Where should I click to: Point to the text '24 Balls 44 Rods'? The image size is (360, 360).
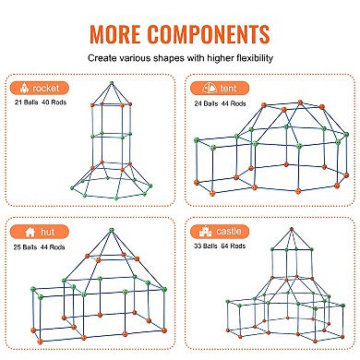tap(225, 104)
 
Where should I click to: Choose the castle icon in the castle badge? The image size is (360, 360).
tap(199, 233)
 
